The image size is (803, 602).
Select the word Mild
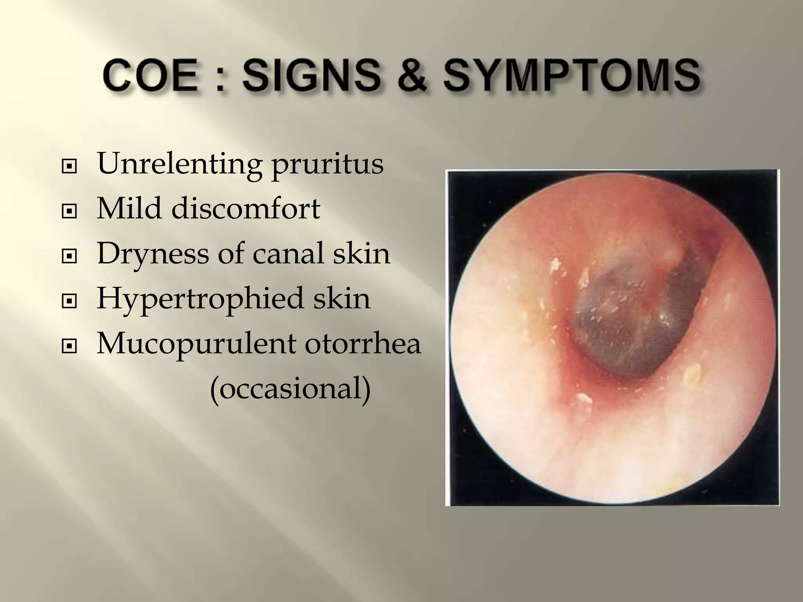point(129,209)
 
